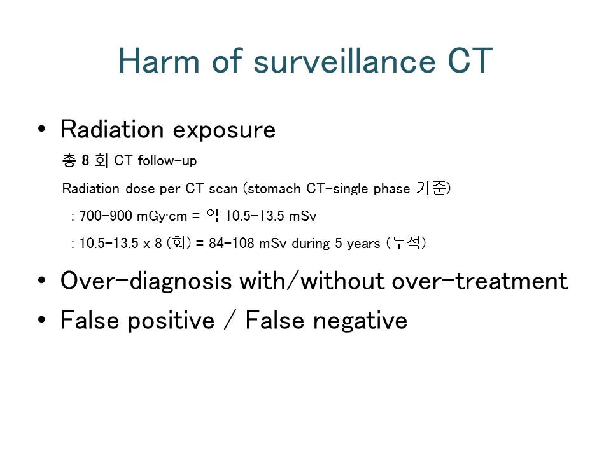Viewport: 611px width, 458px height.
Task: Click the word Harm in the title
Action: point(159,61)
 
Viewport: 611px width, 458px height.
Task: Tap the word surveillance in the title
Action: point(344,61)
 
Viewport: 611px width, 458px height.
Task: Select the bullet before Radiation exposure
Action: point(42,129)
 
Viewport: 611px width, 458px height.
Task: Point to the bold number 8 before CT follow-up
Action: point(85,160)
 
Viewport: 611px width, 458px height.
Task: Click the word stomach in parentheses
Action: point(274,189)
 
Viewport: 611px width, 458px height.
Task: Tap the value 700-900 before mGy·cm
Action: point(106,216)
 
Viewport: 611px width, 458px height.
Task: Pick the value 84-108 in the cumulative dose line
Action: point(232,244)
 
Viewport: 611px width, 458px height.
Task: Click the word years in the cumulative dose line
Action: point(363,244)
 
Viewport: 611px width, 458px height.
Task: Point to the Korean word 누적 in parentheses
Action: point(406,242)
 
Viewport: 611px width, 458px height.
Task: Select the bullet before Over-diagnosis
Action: point(42,281)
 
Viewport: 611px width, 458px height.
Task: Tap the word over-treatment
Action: point(480,281)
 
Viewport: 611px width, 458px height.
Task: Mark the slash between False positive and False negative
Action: point(230,321)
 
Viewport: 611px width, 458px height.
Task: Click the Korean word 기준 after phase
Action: point(431,188)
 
